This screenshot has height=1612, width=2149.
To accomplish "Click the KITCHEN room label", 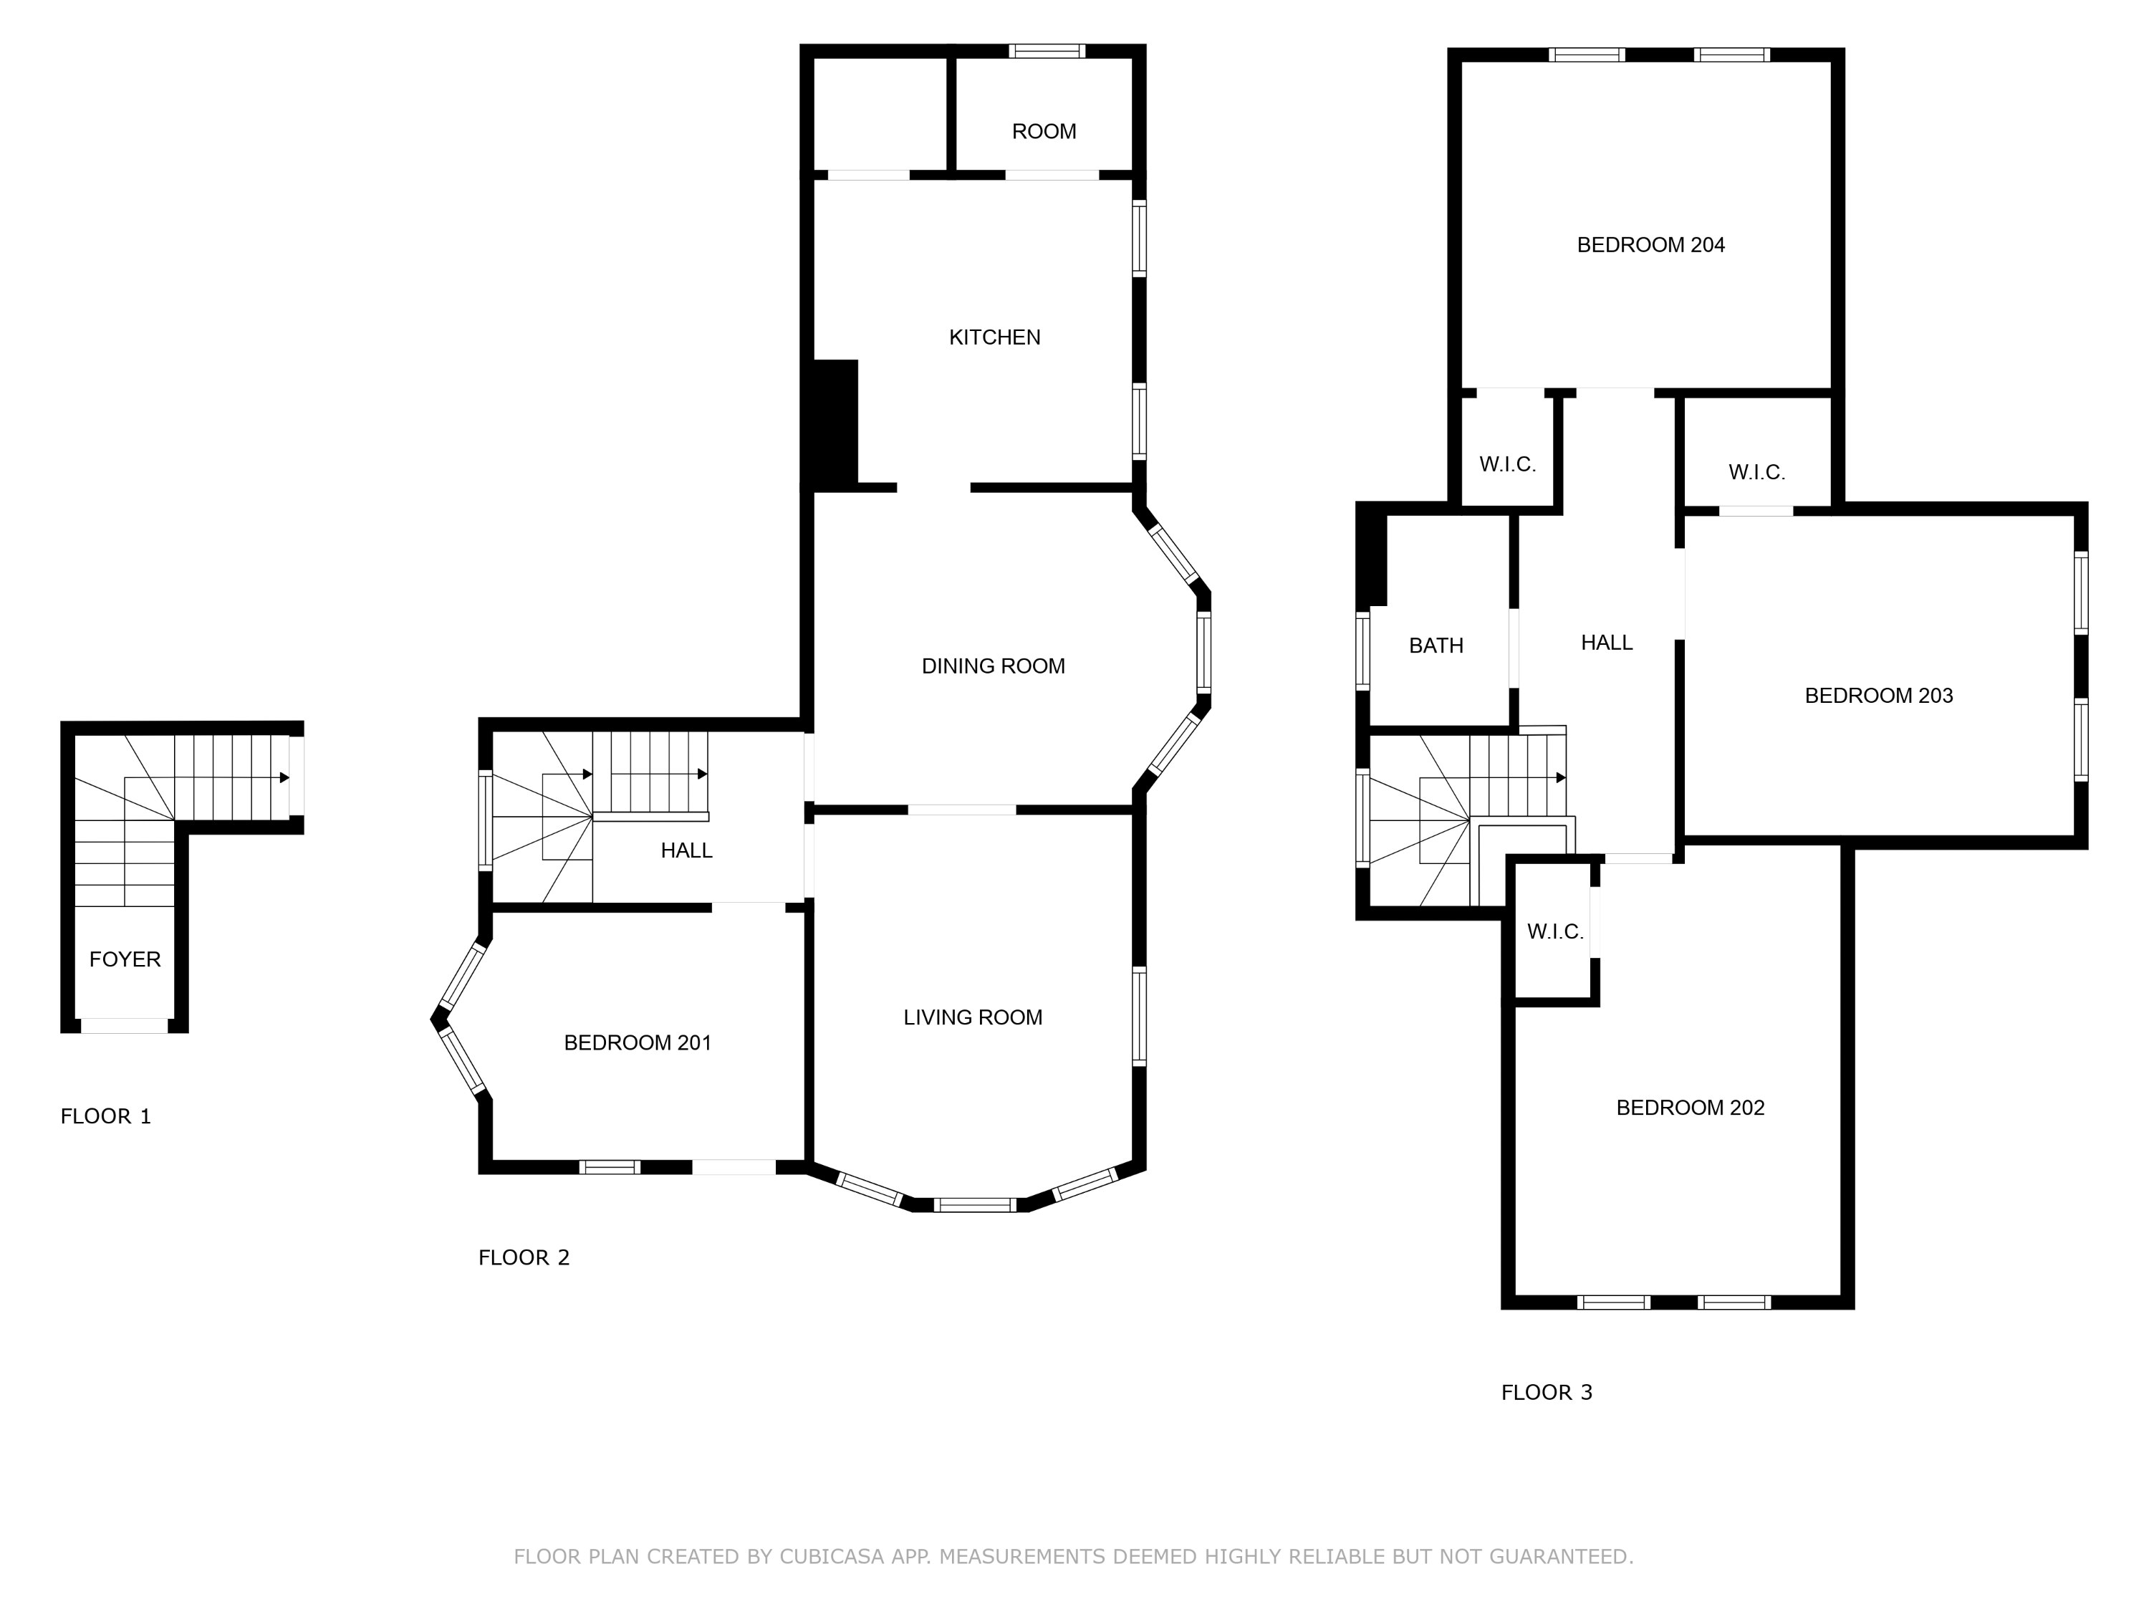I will [994, 337].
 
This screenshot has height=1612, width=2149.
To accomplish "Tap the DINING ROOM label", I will [993, 666].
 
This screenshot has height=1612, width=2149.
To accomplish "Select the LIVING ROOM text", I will [973, 1017].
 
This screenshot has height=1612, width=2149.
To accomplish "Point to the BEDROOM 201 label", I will [638, 1042].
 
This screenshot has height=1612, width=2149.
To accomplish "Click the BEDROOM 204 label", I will [1650, 245].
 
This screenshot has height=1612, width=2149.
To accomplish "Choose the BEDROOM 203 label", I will [1878, 696].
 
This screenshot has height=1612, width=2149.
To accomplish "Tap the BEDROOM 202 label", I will [1689, 1108].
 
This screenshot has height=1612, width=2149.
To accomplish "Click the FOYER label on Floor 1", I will [125, 959].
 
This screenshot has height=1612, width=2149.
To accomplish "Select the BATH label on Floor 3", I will [1435, 646].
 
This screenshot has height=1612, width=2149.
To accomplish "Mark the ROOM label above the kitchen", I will [1044, 131].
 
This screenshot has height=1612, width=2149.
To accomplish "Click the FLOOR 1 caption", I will [105, 1116].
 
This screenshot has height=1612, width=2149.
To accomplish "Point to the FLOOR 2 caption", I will [523, 1257].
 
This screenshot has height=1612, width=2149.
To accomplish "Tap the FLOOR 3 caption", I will [1546, 1392].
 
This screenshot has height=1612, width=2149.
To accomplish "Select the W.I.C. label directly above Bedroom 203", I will [1756, 472].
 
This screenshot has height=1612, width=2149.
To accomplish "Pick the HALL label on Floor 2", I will [686, 850].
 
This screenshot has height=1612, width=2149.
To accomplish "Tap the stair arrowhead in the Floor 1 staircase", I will [284, 777].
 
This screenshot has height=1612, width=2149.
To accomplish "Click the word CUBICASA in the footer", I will [831, 1557].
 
